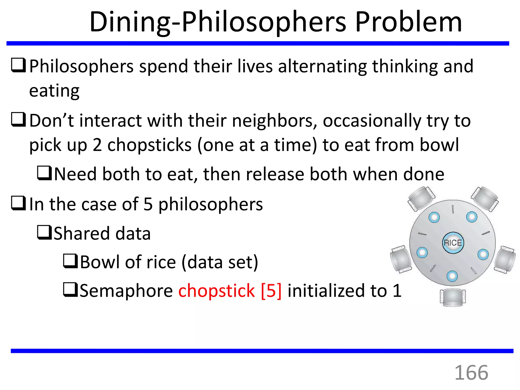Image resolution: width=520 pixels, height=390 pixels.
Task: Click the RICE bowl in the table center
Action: coord(453,243)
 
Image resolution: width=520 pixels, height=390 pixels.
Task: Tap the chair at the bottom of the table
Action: coord(453,297)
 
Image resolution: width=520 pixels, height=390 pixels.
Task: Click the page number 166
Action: coord(471,373)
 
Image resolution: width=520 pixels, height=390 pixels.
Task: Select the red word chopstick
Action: coord(216,290)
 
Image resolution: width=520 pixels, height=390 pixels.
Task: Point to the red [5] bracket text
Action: coord(271,290)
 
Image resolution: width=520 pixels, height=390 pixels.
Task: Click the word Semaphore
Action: coord(126,290)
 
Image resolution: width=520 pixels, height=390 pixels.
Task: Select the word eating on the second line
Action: coord(54,91)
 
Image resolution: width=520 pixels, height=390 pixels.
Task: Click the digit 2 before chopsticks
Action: coord(97,145)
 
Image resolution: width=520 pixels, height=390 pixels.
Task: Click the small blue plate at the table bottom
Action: coord(452,276)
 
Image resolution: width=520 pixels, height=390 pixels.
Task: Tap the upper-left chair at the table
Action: coord(421,199)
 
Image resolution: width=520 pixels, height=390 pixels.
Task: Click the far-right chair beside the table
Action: coord(505,259)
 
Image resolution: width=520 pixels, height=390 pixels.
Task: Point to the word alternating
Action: coord(322,66)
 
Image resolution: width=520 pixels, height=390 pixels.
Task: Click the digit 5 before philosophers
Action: coord(148,204)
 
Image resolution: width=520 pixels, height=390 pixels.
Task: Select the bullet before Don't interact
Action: coord(19,120)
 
